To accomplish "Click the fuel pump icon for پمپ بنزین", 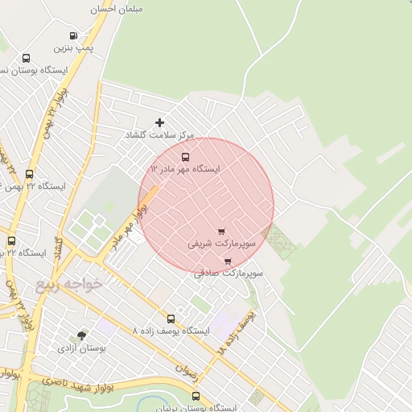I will click(x=73, y=36).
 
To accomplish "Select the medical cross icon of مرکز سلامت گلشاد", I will click(x=159, y=122).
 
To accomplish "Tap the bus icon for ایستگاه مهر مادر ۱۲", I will click(x=186, y=157).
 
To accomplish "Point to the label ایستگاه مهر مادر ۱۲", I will click(x=185, y=170).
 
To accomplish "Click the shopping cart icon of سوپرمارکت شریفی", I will click(x=221, y=231).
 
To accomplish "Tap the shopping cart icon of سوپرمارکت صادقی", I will click(x=228, y=261).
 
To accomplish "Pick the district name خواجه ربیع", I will click(x=69, y=284).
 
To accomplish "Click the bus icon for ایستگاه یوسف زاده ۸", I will click(x=170, y=319).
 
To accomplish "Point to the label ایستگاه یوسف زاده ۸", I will click(x=170, y=331).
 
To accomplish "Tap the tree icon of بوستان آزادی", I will click(x=81, y=336).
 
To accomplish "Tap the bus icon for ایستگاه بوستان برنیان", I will click(x=196, y=396).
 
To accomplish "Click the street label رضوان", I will click(x=186, y=369).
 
